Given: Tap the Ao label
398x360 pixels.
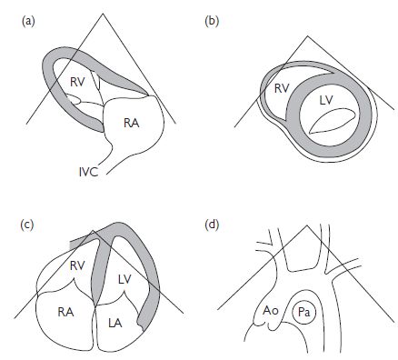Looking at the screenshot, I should (270, 311).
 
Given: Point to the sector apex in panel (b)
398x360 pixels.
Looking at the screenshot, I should (308, 36).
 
